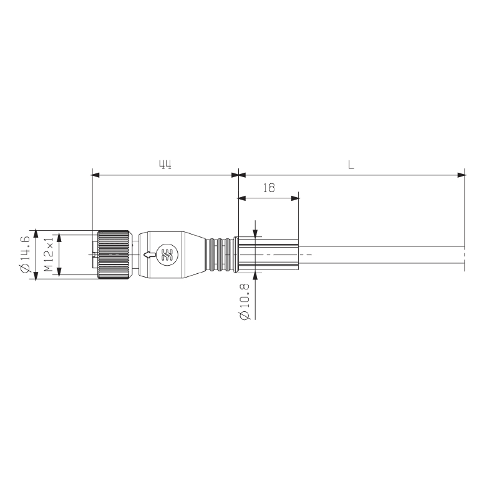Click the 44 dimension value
tap(165, 165)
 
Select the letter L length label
tap(351, 165)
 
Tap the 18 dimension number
tap(269, 188)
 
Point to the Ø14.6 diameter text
tap(25, 254)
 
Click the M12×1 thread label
tap(49, 254)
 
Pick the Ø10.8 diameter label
tap(245, 301)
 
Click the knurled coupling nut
tap(114, 255)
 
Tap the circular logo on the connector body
tap(168, 254)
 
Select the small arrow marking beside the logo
tap(150, 254)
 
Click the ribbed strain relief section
tap(220, 255)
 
